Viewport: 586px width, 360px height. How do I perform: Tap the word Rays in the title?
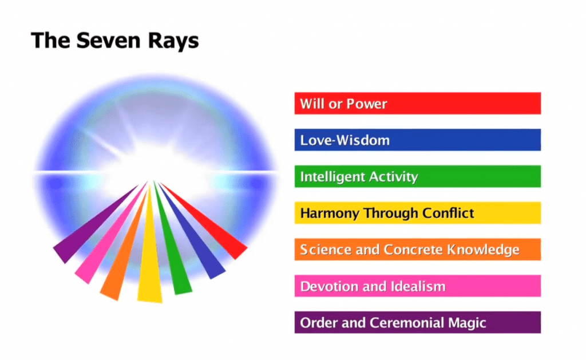click(x=173, y=42)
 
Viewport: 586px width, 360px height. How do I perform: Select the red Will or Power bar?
click(x=417, y=103)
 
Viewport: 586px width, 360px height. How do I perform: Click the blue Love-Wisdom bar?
click(x=417, y=140)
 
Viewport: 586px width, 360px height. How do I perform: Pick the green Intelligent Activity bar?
click(x=417, y=176)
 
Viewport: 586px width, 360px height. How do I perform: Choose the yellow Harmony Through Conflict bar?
click(x=417, y=213)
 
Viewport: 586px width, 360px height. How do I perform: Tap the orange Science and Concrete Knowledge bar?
click(x=417, y=250)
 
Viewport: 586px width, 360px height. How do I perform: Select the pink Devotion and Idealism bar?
click(x=417, y=286)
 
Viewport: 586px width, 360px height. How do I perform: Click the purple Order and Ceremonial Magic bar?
click(x=417, y=322)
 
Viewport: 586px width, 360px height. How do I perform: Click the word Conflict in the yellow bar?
click(x=448, y=213)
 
